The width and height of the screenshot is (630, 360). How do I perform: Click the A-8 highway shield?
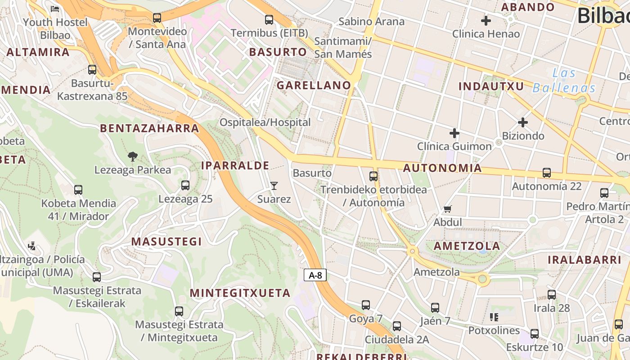tap(315, 275)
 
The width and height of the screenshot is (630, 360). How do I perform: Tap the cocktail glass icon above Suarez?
tap(274, 185)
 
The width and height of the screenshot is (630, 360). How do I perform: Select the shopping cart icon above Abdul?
tap(447, 209)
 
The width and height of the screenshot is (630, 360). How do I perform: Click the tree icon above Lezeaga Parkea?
tap(132, 157)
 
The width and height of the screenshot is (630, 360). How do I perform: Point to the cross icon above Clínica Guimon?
tap(454, 133)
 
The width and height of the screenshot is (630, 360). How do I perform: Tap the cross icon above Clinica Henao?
tap(486, 20)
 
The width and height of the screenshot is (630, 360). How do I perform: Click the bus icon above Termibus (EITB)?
tap(269, 20)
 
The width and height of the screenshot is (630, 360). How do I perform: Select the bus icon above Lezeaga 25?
tap(185, 185)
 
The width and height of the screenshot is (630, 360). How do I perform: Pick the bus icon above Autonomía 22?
tap(547, 173)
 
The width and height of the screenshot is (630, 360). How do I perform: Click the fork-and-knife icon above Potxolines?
tap(494, 317)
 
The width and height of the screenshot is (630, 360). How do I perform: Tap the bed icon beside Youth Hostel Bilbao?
tap(55, 9)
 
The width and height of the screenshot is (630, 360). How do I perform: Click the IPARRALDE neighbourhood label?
tap(235, 166)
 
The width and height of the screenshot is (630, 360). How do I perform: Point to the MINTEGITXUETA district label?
tap(240, 293)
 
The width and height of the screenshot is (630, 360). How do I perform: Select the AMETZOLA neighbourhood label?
tap(467, 246)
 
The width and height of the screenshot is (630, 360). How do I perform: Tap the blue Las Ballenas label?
tap(564, 81)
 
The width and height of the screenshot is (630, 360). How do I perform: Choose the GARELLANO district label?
tap(314, 85)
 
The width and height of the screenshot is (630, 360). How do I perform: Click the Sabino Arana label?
tap(371, 22)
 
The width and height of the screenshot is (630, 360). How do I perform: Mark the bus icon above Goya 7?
tap(366, 305)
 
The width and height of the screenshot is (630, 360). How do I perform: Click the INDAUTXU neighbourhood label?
tap(491, 86)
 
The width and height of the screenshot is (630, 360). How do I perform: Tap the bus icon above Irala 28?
tap(552, 295)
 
